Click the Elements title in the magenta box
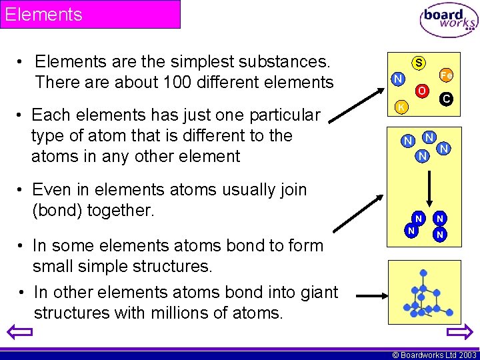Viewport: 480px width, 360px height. pos(44,14)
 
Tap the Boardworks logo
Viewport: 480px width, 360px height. pos(449,21)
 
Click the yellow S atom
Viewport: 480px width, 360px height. pos(419,63)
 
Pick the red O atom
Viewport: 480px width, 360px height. pos(422,90)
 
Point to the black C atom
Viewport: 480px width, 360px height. pos(446,99)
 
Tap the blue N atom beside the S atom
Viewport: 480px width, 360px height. pos(397,79)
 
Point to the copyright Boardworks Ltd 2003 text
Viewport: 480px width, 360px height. pos(433,355)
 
